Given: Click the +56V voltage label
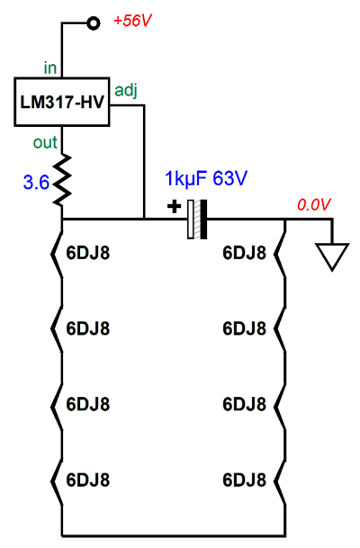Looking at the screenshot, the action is [x=133, y=22].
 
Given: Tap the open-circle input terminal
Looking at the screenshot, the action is [x=93, y=23].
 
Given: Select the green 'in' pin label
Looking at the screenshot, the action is [x=50, y=67].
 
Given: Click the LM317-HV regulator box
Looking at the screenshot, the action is [x=62, y=102].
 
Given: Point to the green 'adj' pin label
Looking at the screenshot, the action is [x=126, y=91].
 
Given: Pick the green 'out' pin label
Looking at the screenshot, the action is [x=45, y=142].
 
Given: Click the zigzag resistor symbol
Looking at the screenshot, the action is [x=62, y=180].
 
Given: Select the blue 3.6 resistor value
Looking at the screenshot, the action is [x=36, y=183].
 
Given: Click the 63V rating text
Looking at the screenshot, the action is [x=230, y=178].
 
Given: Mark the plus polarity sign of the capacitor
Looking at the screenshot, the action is [x=174, y=207].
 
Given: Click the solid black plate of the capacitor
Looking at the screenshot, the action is [x=203, y=220].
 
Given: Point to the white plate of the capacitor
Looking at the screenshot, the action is [x=191, y=220].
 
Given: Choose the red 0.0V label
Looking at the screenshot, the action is [x=314, y=205].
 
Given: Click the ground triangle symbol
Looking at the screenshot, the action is [x=332, y=256].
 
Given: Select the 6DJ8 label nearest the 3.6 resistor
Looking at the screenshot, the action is [x=88, y=253].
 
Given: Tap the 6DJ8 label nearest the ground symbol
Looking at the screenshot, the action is [x=244, y=253].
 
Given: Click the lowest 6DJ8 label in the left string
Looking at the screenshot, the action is [x=88, y=480].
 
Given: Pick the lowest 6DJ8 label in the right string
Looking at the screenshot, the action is [x=244, y=480].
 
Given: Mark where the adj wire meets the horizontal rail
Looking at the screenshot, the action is [x=144, y=220].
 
